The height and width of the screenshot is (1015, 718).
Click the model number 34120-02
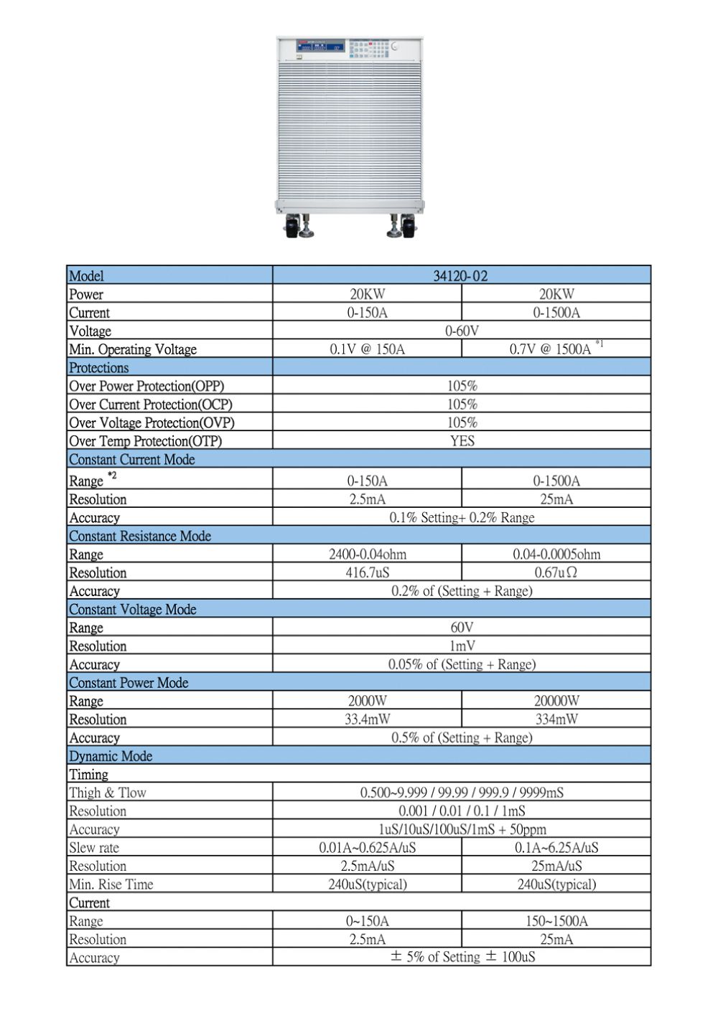(x=461, y=276)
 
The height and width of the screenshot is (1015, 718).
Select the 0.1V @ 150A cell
(x=367, y=349)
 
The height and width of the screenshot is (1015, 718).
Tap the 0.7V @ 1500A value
(x=551, y=349)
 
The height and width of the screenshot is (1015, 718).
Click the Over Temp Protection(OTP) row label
(x=145, y=441)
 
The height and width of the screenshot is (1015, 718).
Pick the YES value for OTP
(x=462, y=441)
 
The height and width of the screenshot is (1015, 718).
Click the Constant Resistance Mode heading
(x=140, y=536)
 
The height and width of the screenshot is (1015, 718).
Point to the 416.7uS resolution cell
(x=367, y=572)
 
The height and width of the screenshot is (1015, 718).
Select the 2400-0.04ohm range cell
(x=367, y=554)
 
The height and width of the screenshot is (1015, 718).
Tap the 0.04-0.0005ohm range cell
(x=556, y=554)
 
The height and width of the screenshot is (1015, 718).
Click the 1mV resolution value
(x=462, y=646)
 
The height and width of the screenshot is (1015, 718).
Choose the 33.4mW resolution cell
(x=367, y=719)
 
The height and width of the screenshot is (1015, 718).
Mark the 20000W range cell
(x=556, y=701)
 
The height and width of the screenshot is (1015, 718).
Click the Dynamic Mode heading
(x=111, y=756)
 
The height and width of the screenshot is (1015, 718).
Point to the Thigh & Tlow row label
(x=108, y=793)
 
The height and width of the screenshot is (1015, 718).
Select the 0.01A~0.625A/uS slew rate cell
(x=367, y=848)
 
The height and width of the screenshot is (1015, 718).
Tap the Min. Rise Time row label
(x=111, y=884)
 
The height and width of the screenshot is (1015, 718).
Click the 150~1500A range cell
(x=556, y=921)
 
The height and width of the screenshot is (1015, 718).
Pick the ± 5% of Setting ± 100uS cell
(x=462, y=958)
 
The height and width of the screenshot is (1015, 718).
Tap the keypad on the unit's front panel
(x=368, y=49)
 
